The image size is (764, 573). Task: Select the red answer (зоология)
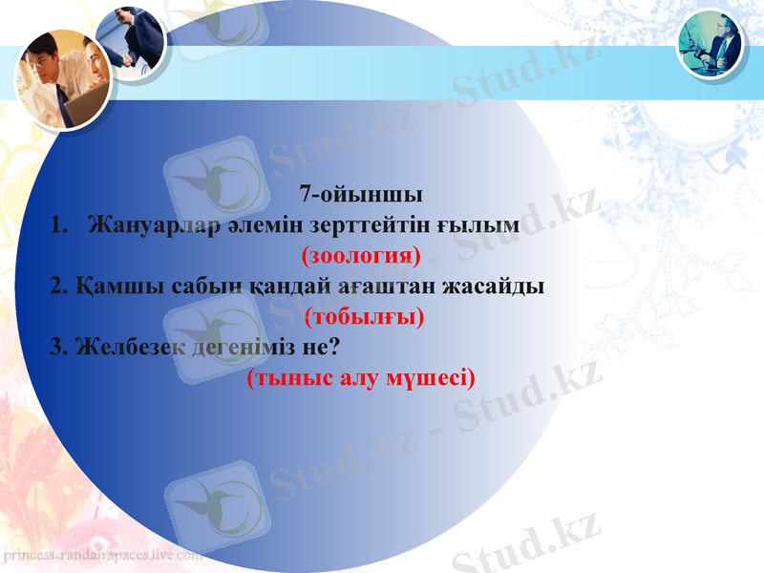361,256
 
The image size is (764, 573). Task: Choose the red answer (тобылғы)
364,316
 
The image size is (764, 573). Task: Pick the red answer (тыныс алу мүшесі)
361,378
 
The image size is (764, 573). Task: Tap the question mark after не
335,347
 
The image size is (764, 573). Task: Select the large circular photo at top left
62,78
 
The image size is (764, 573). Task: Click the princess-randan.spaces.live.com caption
102,554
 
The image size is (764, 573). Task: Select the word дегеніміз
243,347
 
